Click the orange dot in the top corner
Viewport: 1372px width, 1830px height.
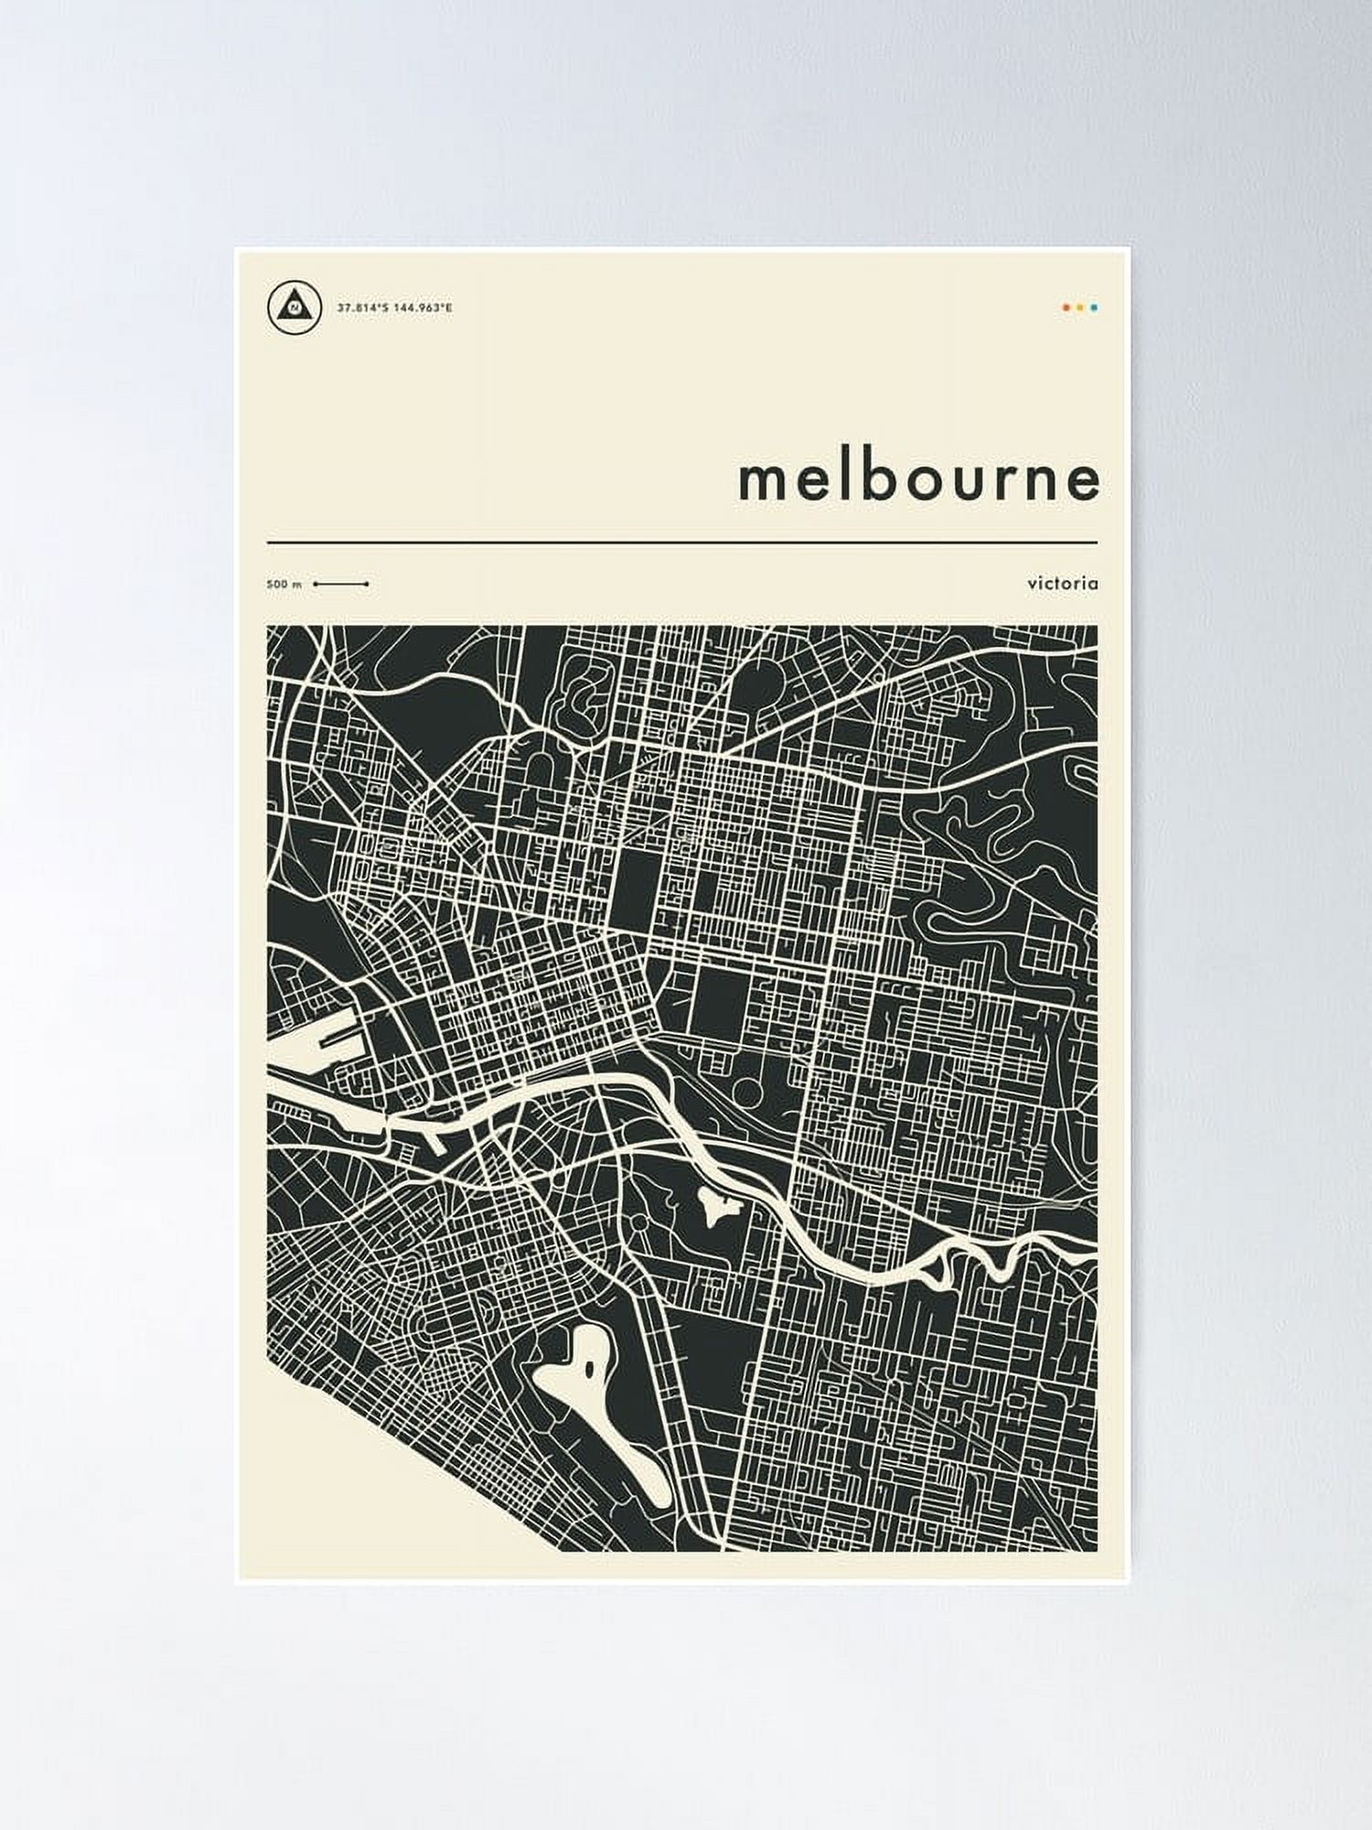tap(1067, 308)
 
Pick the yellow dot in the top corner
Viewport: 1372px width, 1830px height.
tap(1080, 308)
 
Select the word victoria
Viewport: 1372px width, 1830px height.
tap(1062, 583)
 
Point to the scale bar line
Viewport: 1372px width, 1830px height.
tap(340, 584)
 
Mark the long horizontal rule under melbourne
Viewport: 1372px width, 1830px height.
tap(681, 543)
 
